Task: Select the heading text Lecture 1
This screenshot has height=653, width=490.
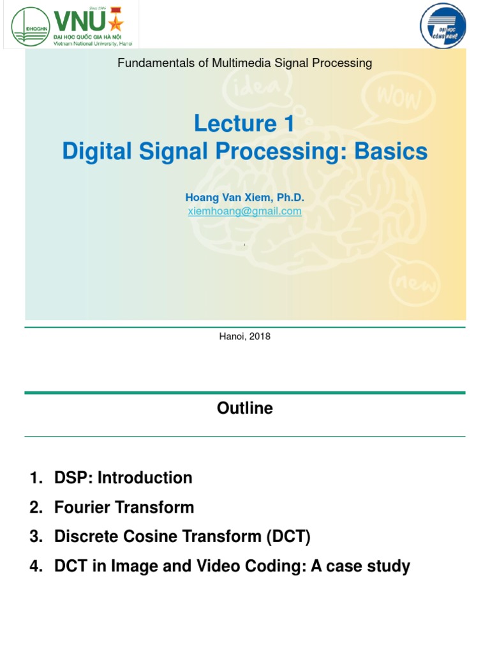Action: coord(244,123)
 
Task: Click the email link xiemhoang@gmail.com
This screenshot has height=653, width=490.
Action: coord(244,211)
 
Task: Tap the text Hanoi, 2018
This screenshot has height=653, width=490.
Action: coord(244,336)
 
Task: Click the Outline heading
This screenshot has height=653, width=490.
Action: coord(244,409)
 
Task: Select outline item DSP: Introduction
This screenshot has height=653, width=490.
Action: coord(123,478)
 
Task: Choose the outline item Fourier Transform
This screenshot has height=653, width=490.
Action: coord(124,508)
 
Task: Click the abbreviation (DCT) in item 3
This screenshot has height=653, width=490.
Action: coord(288,537)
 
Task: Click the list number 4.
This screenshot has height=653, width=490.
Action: coord(34,566)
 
